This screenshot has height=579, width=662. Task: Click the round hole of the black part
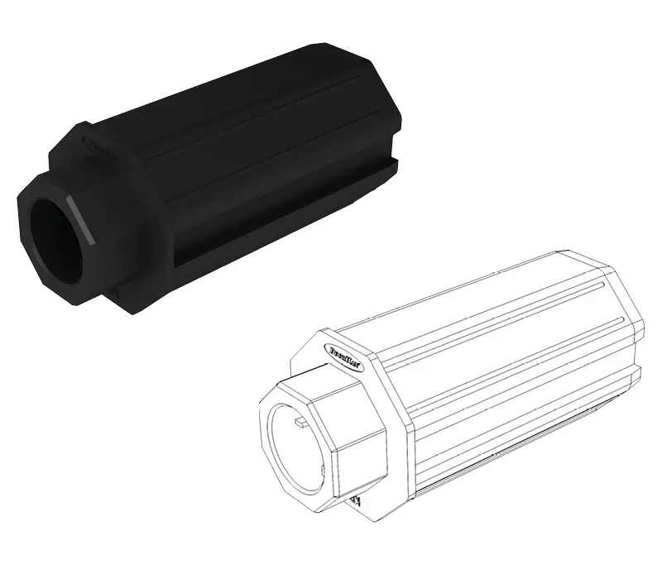click(56, 236)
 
